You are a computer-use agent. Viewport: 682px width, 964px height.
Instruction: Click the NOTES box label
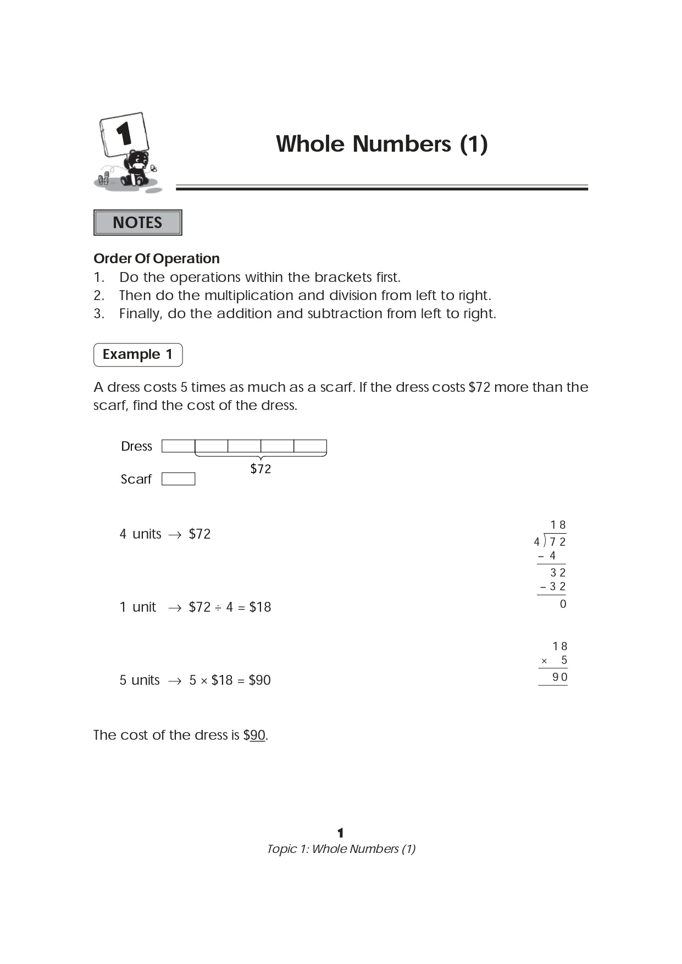(137, 223)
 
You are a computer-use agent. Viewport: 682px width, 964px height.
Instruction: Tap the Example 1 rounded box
(138, 354)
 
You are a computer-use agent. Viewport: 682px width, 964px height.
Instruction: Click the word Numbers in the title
(402, 144)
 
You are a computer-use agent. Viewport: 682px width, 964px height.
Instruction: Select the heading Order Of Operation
(157, 258)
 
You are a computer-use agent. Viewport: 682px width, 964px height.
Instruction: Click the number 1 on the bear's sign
(124, 134)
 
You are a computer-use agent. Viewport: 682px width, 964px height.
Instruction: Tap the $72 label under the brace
(260, 469)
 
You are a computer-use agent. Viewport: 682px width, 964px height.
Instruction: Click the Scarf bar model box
(178, 479)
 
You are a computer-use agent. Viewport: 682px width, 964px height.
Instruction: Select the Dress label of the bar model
(136, 446)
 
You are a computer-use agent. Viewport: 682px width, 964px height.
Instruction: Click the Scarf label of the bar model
(136, 479)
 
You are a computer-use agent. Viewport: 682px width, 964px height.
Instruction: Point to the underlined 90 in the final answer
(258, 735)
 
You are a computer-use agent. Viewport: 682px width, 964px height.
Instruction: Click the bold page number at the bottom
(341, 833)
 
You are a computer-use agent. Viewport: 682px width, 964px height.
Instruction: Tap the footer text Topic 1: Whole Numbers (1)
(341, 849)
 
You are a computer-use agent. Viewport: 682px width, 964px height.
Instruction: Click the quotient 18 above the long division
(558, 525)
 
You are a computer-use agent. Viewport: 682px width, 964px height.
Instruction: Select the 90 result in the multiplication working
(559, 677)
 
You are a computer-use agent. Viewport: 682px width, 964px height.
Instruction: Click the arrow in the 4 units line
(175, 535)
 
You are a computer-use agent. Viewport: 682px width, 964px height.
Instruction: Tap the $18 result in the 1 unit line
(260, 607)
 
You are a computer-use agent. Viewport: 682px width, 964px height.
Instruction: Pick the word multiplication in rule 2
(249, 296)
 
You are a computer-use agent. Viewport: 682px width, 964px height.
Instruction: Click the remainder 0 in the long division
(563, 604)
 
